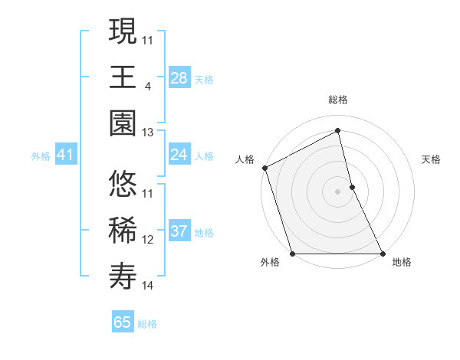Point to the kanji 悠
click(123, 184)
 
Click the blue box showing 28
click(179, 77)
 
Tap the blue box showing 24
click(179, 155)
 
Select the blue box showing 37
click(179, 231)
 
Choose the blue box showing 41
click(65, 155)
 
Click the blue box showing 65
click(123, 322)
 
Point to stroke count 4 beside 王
click(147, 86)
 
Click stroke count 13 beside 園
click(148, 133)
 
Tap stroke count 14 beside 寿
click(148, 286)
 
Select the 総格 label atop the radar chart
click(337, 100)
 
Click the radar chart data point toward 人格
click(264, 168)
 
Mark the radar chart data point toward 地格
click(382, 254)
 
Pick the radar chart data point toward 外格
click(292, 254)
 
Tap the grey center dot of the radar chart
click(337, 191)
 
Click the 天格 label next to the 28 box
click(203, 79)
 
